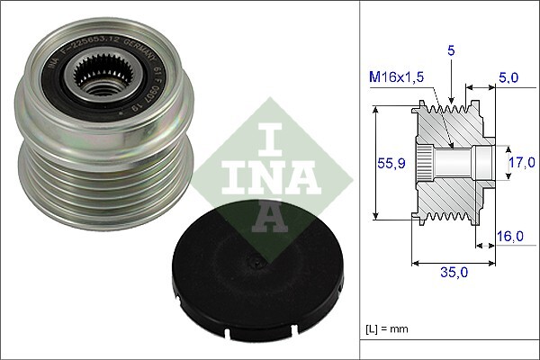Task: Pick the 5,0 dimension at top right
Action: pos(508,77)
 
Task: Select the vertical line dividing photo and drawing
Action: pos(359,180)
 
